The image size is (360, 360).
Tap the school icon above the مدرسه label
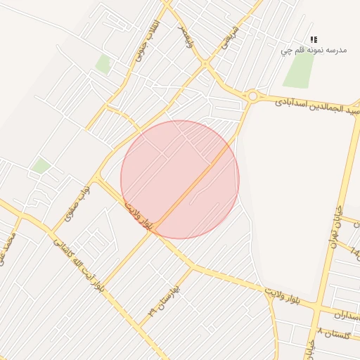point(314,40)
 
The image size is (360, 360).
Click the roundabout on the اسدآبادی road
point(252,96)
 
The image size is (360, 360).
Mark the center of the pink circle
point(180,179)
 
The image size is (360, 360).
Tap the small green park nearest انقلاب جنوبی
point(103,64)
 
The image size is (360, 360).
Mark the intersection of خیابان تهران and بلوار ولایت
point(318,307)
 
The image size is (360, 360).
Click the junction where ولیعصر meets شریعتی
point(205,64)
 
